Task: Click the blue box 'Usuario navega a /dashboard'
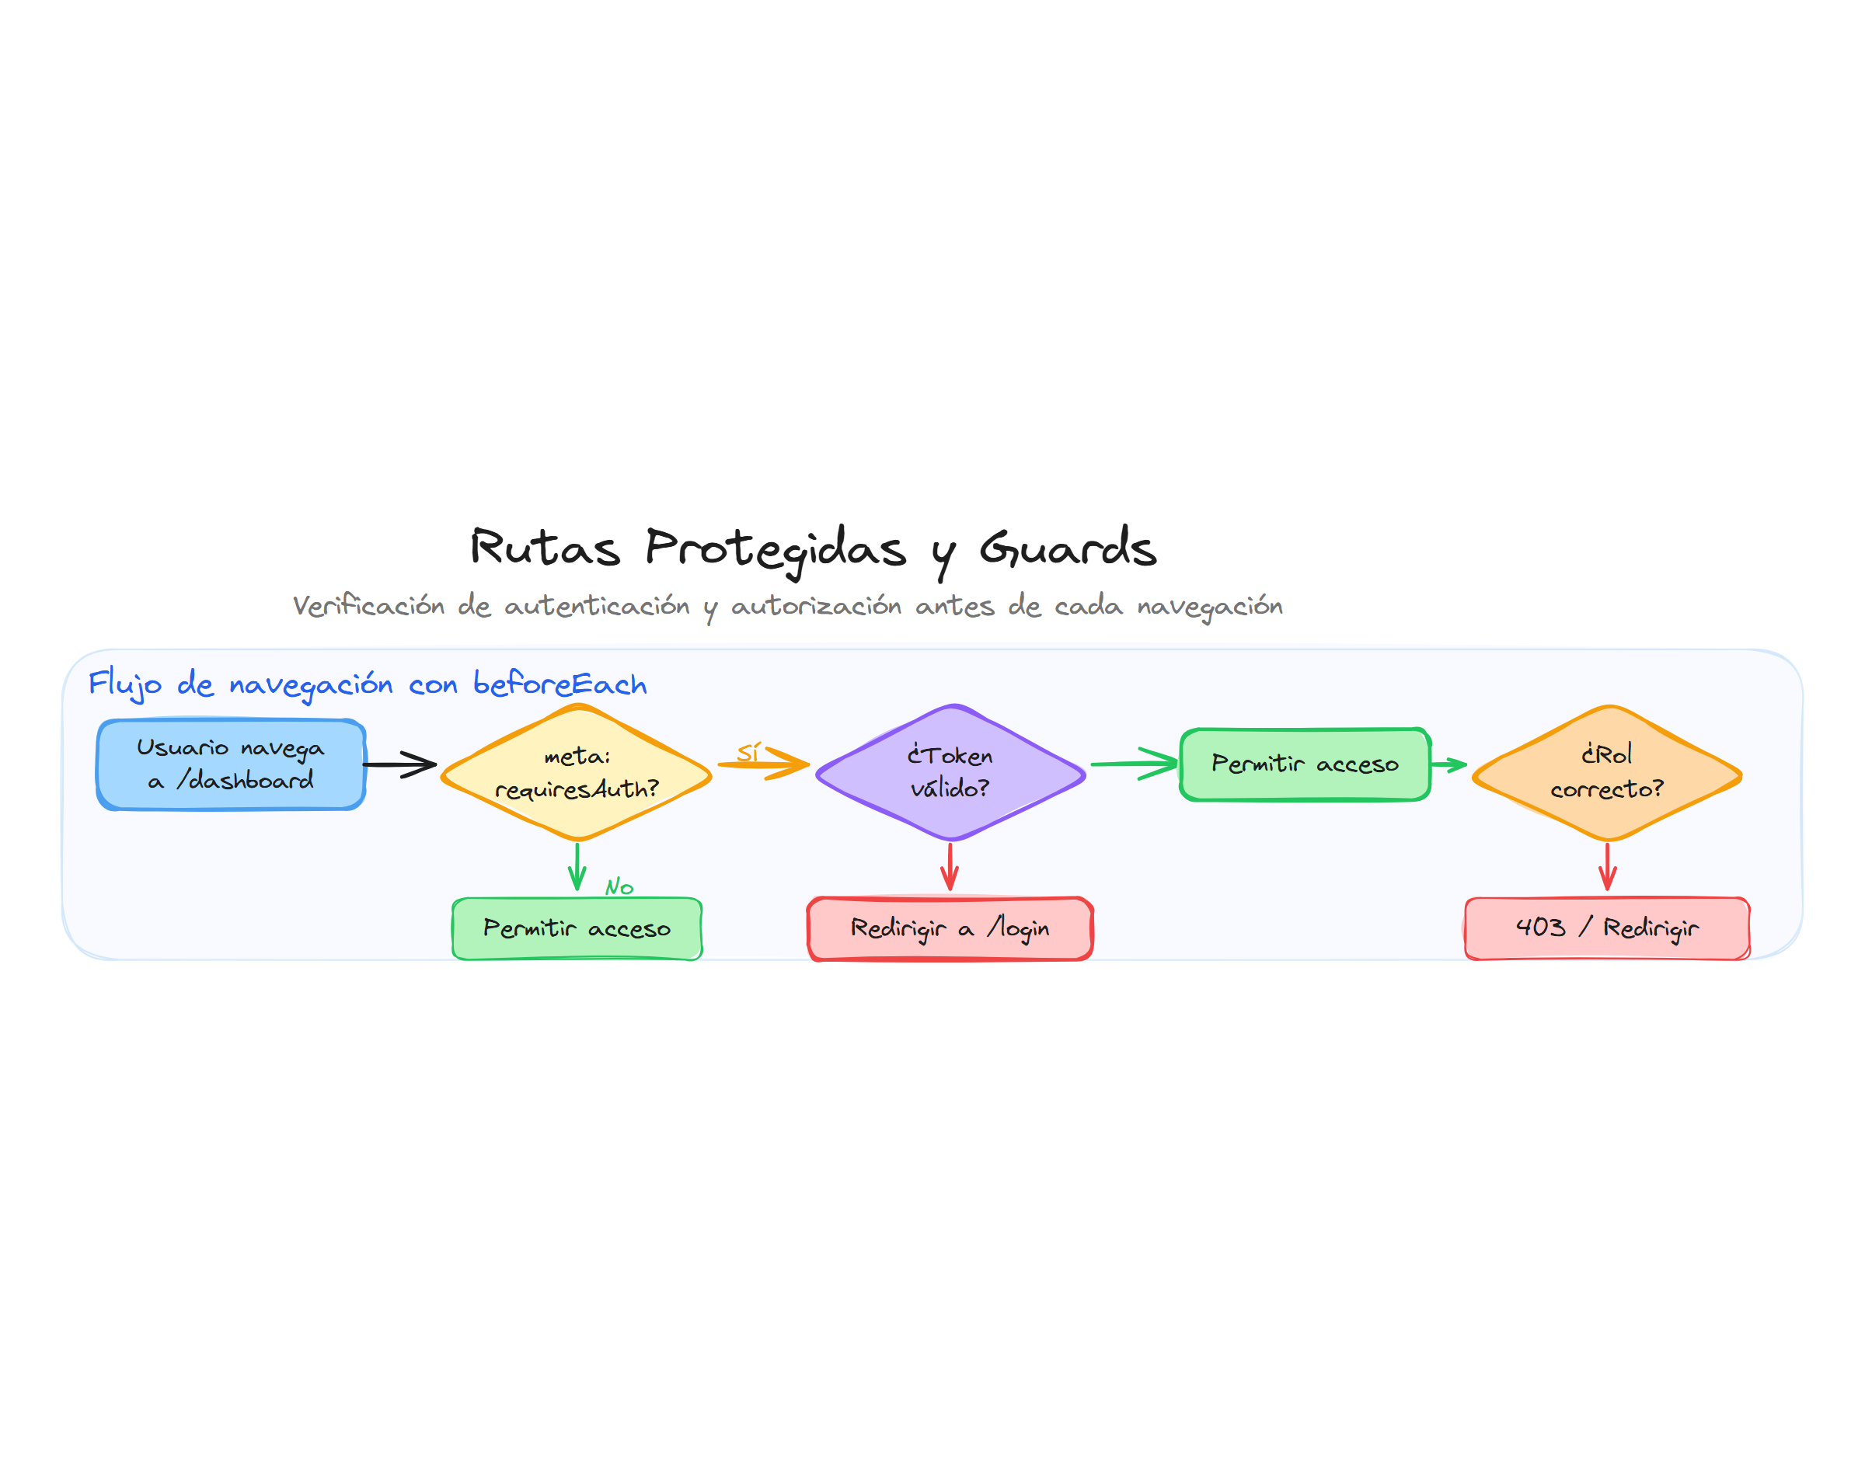click(x=231, y=764)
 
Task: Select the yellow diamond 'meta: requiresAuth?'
click(x=577, y=772)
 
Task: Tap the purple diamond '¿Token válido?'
click(x=950, y=772)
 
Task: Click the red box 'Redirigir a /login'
click(x=950, y=928)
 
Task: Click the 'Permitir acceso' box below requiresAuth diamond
click(x=577, y=928)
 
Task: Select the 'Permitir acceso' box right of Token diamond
click(x=1305, y=764)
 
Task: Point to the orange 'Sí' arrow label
click(x=748, y=753)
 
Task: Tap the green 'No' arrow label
click(x=619, y=886)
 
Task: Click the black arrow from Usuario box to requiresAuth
click(x=399, y=764)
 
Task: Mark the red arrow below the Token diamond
click(x=950, y=866)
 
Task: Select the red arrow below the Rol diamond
click(x=1608, y=866)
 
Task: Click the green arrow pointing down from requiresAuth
click(x=577, y=866)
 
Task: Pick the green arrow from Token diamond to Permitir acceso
click(x=1135, y=763)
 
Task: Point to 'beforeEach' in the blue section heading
click(x=559, y=684)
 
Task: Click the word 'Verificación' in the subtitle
click(x=368, y=605)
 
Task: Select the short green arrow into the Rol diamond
click(x=1449, y=764)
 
